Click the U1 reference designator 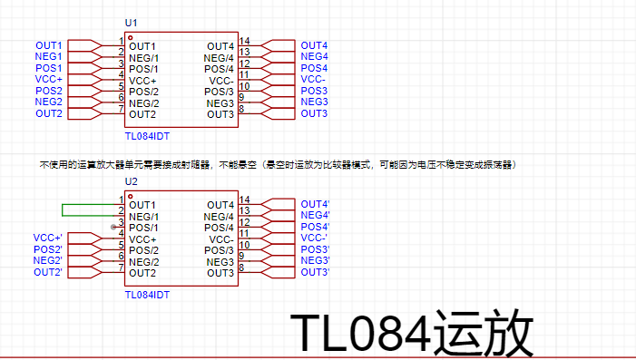pos(131,23)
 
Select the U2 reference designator pos(131,181)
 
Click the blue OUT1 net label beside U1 pos(49,45)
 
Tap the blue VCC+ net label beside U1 pos(49,79)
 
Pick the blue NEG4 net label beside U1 pos(314,56)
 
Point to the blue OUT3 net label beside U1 pos(314,113)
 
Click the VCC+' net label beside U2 pos(48,238)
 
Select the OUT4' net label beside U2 pos(315,204)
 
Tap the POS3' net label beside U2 pos(315,249)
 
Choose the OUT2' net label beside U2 pos(48,272)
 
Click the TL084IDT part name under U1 pos(147,136)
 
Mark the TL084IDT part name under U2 pos(147,295)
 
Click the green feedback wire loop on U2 pos(63,210)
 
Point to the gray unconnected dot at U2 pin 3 pos(113,227)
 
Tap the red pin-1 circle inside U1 pos(131,38)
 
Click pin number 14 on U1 pos(244,41)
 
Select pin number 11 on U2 pos(244,233)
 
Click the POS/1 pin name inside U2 pos(143,228)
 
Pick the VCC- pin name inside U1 pos(221,81)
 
